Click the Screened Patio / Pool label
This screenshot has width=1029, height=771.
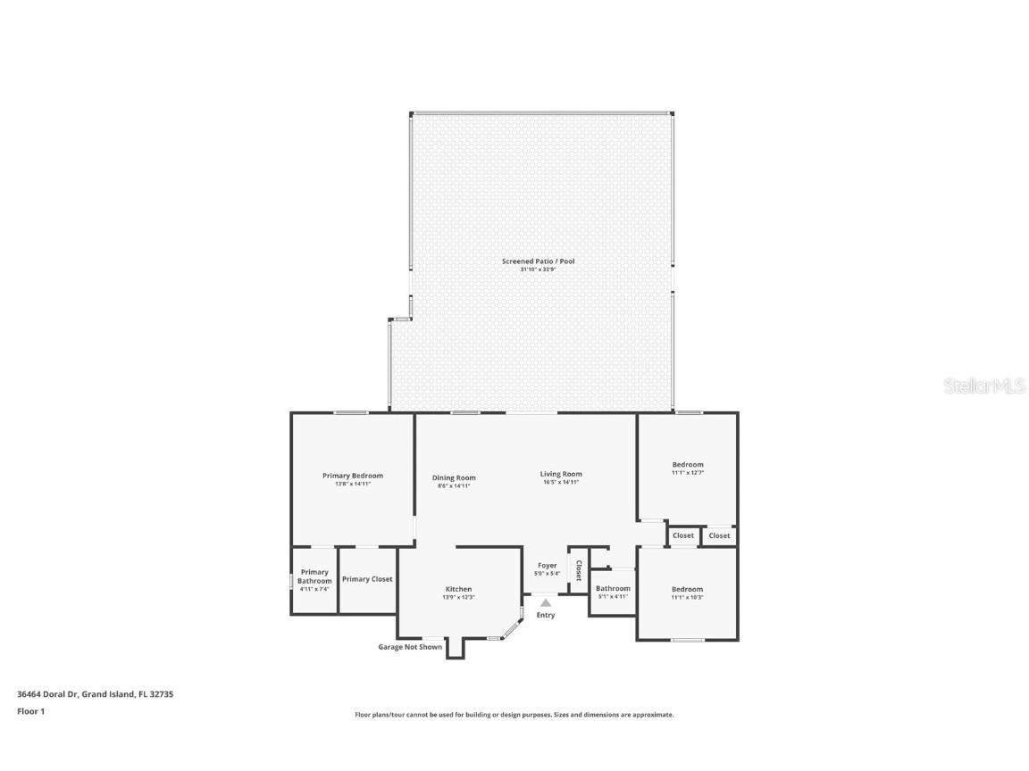click(x=538, y=261)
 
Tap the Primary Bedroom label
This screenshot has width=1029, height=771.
click(x=353, y=476)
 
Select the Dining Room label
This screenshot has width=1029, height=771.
click(x=454, y=477)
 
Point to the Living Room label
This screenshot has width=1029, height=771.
click(x=561, y=474)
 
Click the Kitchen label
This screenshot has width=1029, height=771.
click(x=459, y=589)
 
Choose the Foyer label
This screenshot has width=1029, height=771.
click(x=547, y=565)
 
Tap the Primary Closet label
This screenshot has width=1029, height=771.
click(x=367, y=579)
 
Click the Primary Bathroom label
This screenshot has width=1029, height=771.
click(x=314, y=576)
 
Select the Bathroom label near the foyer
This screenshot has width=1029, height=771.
click(x=613, y=588)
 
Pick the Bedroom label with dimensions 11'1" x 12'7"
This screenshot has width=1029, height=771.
click(x=688, y=464)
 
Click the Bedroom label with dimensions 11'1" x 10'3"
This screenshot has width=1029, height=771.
click(x=688, y=589)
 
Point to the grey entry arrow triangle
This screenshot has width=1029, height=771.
click(x=546, y=602)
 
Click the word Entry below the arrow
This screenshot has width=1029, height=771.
click(x=546, y=615)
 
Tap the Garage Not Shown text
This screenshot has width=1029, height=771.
click(x=410, y=647)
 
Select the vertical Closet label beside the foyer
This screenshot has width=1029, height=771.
click(x=579, y=570)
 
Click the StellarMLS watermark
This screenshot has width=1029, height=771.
click(x=983, y=386)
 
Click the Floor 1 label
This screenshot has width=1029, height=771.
click(x=30, y=711)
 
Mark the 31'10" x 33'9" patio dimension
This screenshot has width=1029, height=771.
click(x=538, y=269)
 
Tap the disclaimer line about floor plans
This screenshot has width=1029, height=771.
click(x=514, y=715)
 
